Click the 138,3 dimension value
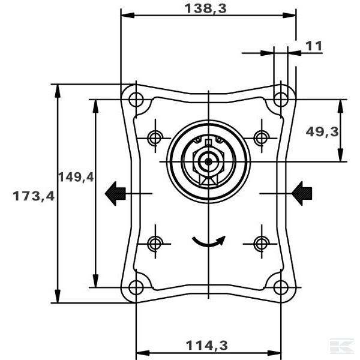point(205,9)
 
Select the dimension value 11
point(314,46)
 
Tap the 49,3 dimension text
point(322,132)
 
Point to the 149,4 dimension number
point(76,177)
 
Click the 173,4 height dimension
point(34,196)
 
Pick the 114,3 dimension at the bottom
point(206,346)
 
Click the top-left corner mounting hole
point(136,100)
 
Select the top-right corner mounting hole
point(281,100)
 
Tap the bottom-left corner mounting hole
point(136,287)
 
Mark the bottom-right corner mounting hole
point(281,287)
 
